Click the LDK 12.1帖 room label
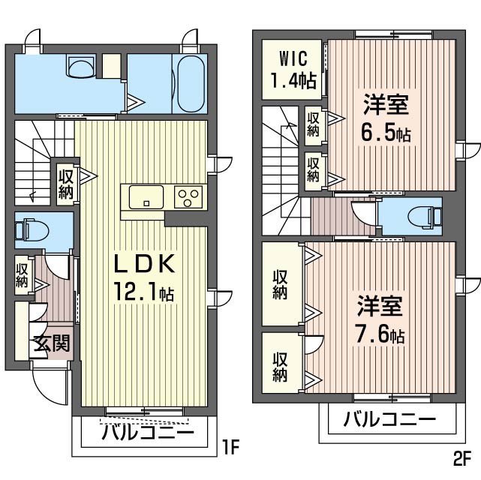tap(144, 277)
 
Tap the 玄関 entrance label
tap(51, 343)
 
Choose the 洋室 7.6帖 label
tap(380, 319)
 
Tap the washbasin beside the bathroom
tap(78, 67)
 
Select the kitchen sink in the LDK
tap(146, 198)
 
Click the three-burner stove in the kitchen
tap(188, 197)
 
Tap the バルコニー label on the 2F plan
tap(389, 419)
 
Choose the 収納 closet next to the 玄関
tap(22, 275)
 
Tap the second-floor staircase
tap(281, 169)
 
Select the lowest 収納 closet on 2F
tap(280, 365)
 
